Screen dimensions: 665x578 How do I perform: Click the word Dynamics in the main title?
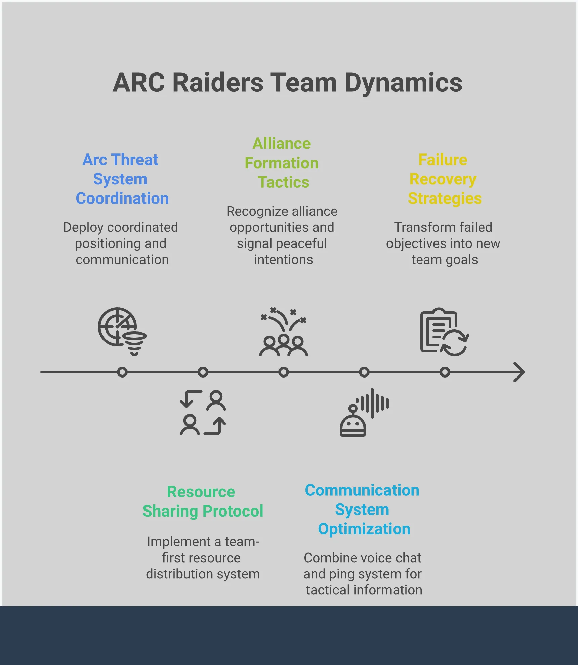tap(403, 83)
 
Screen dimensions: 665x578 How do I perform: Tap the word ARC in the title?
tap(139, 83)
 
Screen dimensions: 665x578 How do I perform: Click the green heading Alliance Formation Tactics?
tap(282, 163)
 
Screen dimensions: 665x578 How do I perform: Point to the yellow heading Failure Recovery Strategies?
tap(444, 179)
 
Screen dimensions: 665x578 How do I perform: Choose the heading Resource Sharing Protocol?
tap(202, 501)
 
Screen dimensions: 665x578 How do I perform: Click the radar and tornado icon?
tap(122, 331)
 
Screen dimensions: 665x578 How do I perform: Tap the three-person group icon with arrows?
tap(283, 332)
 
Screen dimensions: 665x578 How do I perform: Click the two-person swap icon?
tap(203, 412)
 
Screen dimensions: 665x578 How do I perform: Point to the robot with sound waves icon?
tap(364, 412)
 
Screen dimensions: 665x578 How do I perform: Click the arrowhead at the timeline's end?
tap(520, 372)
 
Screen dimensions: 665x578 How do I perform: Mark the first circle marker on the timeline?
tap(122, 372)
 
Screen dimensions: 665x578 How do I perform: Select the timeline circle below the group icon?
tap(284, 372)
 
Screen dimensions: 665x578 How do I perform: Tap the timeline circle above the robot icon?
tap(364, 372)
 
